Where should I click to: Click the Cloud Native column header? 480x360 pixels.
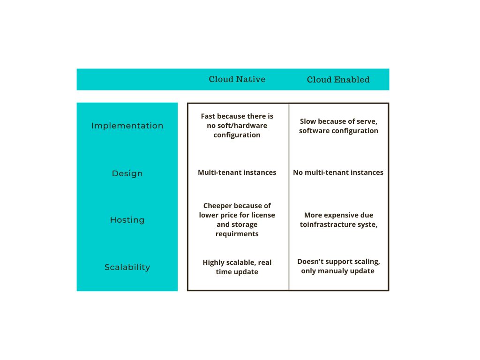(237, 79)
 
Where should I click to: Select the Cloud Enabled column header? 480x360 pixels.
(338, 80)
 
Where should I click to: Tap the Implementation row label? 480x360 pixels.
(127, 126)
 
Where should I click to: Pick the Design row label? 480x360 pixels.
(127, 173)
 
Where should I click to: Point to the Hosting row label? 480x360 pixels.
(127, 220)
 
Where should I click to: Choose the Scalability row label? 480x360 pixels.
(127, 267)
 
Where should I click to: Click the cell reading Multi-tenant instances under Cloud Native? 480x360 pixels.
(237, 172)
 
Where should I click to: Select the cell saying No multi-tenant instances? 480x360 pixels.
(338, 172)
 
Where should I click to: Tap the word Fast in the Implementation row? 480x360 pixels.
(209, 116)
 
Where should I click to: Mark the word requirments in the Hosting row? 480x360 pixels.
(237, 234)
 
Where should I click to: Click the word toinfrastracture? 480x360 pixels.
(329, 225)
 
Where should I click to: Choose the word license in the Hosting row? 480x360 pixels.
(262, 215)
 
